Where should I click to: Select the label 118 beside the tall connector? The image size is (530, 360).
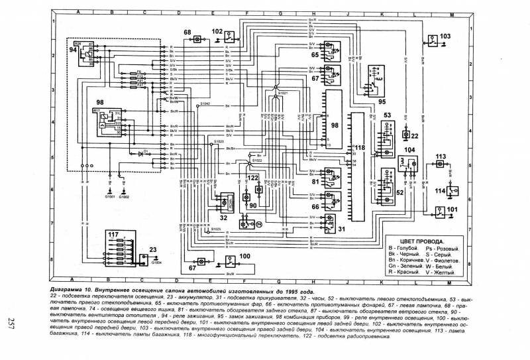[x=360, y=147]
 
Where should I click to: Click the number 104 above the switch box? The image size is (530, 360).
[x=409, y=150]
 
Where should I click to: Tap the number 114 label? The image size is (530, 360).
[x=440, y=191]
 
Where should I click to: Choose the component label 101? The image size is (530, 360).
[x=452, y=211]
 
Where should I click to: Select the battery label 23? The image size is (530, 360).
[x=153, y=251]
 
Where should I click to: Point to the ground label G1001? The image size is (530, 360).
[x=109, y=197]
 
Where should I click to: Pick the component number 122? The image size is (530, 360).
[x=252, y=178]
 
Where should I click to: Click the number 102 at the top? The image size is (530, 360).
[x=217, y=31]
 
